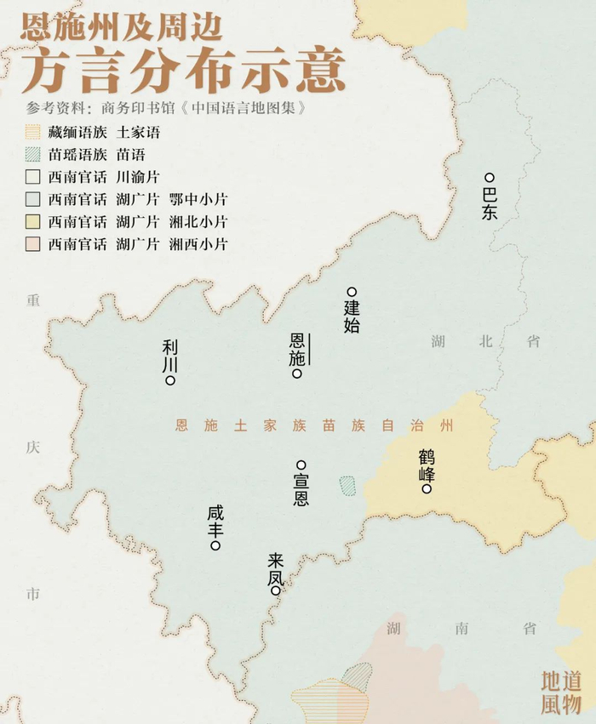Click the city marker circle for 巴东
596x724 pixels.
(x=490, y=178)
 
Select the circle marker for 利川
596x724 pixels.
(x=170, y=380)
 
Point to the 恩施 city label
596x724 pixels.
(x=296, y=350)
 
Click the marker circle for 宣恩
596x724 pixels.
(x=301, y=465)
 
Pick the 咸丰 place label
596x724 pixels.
(x=215, y=522)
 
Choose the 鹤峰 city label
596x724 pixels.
(x=427, y=465)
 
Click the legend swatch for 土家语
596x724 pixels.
(x=32, y=133)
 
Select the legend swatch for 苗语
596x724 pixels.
(x=32, y=155)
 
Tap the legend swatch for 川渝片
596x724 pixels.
(x=32, y=178)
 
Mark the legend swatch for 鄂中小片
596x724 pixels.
(x=32, y=200)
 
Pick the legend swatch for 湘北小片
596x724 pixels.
(x=32, y=222)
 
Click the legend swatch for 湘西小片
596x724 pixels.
(x=32, y=244)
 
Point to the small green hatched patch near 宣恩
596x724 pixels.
(x=347, y=485)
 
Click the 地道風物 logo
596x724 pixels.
(x=561, y=692)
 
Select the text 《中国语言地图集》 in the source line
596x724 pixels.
(x=246, y=110)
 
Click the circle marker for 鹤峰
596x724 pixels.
(x=427, y=488)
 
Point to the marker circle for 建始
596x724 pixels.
(x=351, y=291)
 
